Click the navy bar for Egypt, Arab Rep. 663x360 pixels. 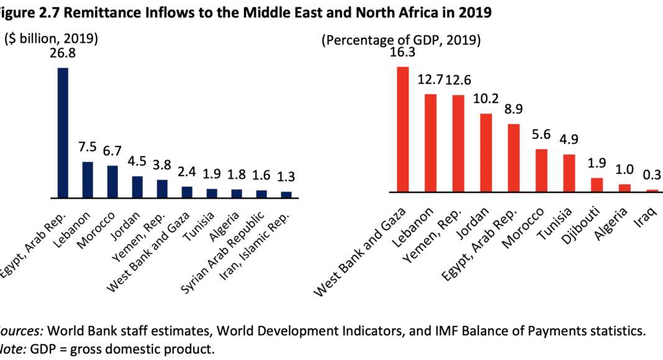(63, 133)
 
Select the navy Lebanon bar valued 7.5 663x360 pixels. (88, 180)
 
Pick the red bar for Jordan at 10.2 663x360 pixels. (486, 153)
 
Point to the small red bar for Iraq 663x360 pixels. (652, 191)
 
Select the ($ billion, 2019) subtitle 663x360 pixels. (52, 39)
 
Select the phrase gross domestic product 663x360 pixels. (143, 349)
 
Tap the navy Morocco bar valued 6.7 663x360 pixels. (112, 182)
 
